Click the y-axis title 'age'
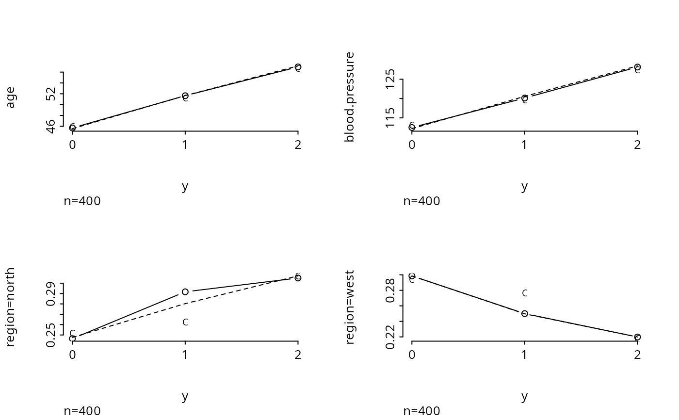[x=11, y=97]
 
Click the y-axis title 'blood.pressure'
[x=350, y=97]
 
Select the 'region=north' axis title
[x=11, y=307]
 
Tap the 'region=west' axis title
[x=350, y=307]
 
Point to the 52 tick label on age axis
[x=51, y=94]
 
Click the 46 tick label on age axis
[x=51, y=126]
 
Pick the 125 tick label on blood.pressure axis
[x=391, y=79]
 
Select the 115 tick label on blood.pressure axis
[x=391, y=118]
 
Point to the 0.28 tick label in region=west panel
[x=391, y=291]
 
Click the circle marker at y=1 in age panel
[x=185, y=96]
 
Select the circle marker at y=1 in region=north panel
[x=185, y=291]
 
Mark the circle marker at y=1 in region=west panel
[x=524, y=313]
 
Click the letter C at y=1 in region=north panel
[x=185, y=322]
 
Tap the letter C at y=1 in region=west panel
[x=524, y=293]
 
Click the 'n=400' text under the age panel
[x=82, y=201]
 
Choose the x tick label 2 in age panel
[x=298, y=145]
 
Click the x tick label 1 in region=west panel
[x=524, y=355]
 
